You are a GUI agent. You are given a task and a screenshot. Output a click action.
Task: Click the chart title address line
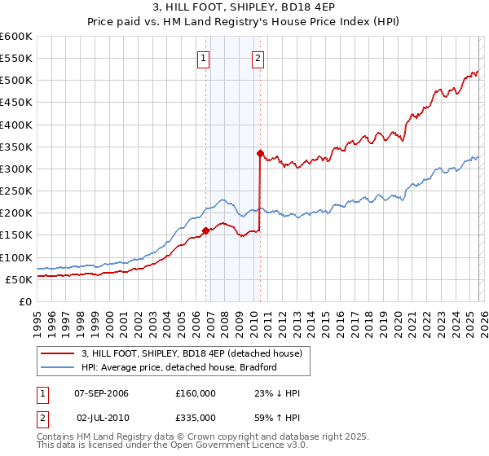[244, 8]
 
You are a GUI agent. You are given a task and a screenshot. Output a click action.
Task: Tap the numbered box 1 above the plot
[203, 58]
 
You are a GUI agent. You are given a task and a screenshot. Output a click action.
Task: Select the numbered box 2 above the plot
[258, 58]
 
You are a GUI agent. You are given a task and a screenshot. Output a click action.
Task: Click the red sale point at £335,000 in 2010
[260, 153]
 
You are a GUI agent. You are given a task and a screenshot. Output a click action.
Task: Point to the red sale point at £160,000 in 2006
[205, 230]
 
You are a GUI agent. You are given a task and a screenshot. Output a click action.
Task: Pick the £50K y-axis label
[19, 279]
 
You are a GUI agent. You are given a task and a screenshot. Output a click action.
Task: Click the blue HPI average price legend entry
[179, 367]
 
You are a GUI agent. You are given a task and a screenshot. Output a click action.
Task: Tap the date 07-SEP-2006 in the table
[101, 393]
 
